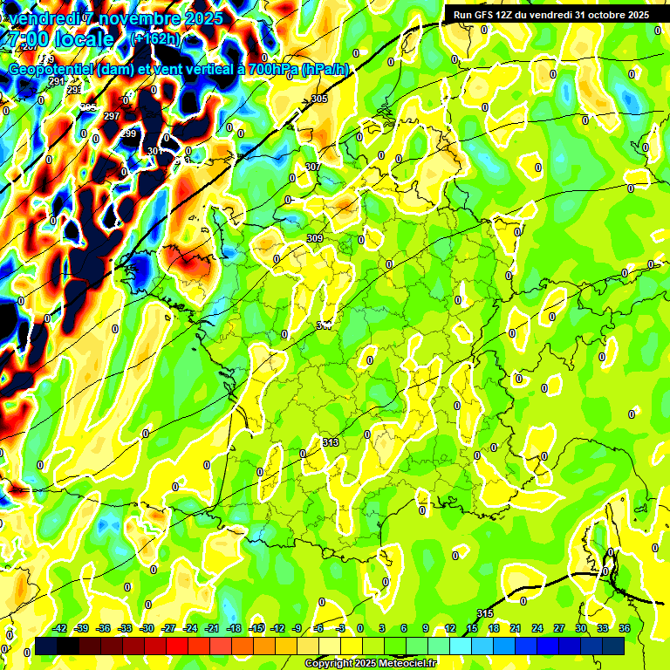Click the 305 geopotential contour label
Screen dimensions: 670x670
(319, 99)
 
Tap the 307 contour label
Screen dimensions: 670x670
(312, 167)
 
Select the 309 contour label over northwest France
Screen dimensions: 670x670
(315, 238)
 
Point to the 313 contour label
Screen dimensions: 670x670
(331, 443)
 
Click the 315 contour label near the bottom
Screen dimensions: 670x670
(486, 613)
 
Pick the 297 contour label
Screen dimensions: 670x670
(112, 116)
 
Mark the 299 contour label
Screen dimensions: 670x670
(128, 133)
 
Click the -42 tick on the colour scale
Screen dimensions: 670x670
(60, 628)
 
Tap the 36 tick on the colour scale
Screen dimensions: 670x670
(625, 628)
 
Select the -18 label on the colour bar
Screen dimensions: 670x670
(234, 628)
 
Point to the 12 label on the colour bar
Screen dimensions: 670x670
(450, 628)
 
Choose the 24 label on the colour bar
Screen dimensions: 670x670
(537, 628)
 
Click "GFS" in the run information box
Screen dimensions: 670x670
(487, 15)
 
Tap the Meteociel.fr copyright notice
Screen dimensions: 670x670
(370, 663)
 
